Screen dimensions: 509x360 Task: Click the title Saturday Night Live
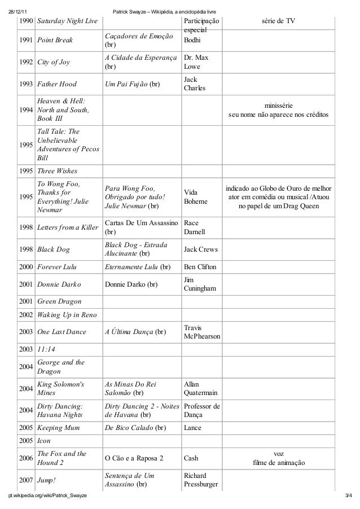tap(67, 21)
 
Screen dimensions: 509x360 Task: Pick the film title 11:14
tap(46, 349)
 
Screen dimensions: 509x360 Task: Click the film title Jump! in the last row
tap(47, 480)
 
